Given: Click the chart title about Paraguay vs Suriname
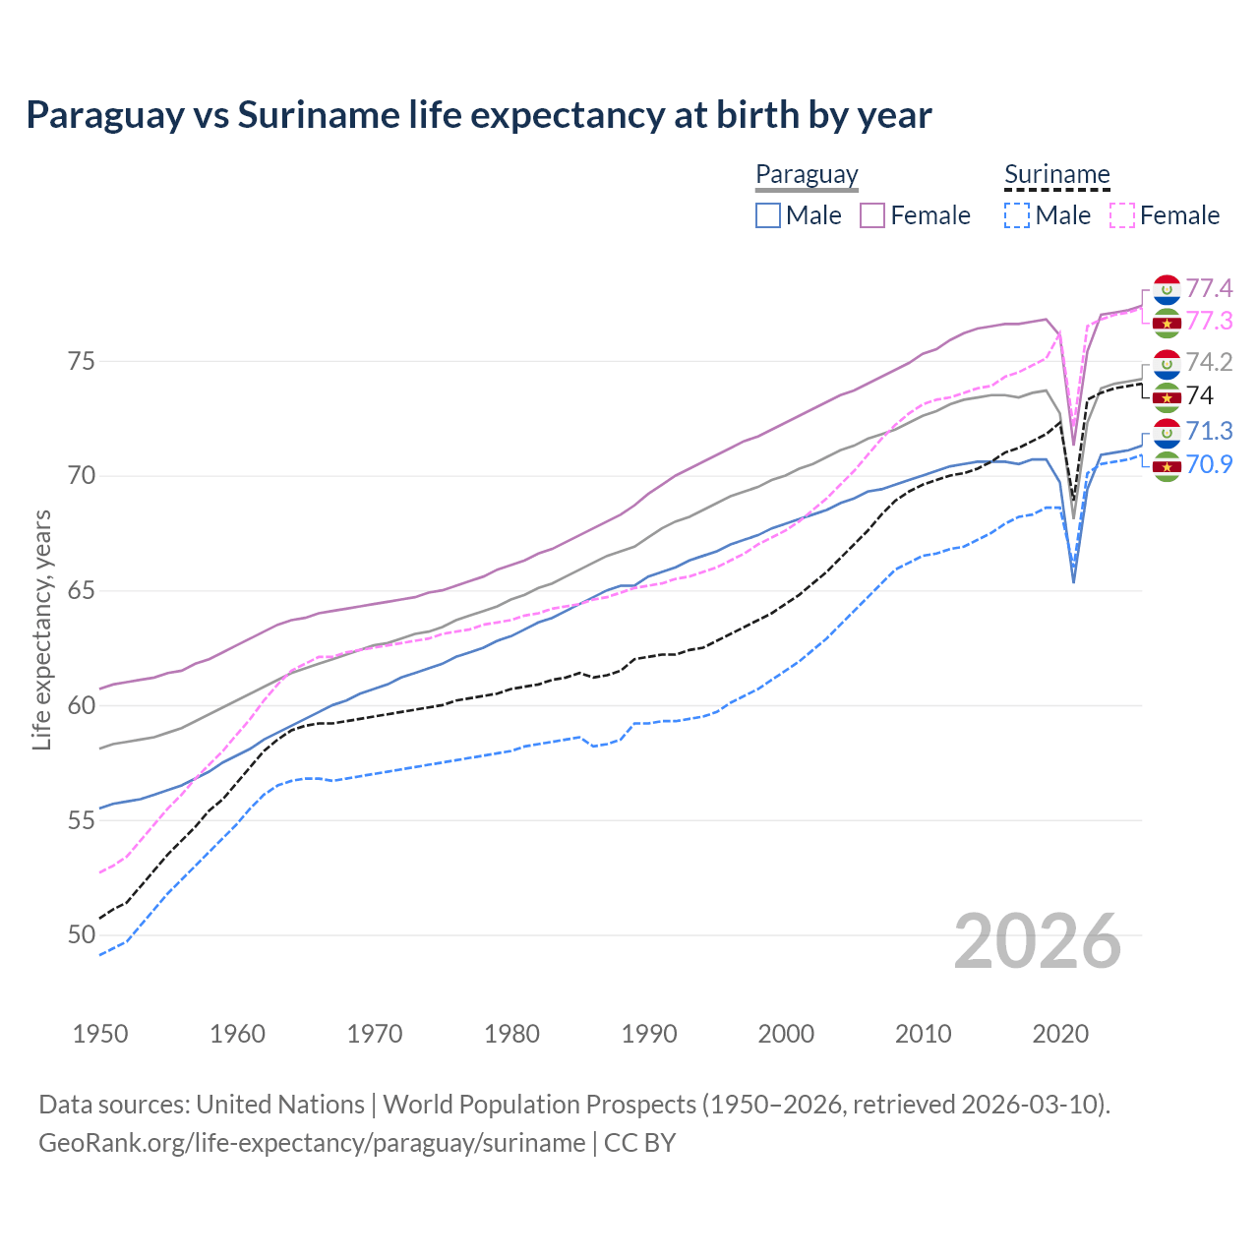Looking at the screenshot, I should [x=478, y=115].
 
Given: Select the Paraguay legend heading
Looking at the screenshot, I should [x=807, y=175].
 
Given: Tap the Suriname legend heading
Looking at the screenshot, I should [x=1056, y=175].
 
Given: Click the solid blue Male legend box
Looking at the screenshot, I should [x=768, y=215].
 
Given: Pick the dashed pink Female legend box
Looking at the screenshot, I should [x=1122, y=215].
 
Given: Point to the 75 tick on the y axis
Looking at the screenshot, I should [x=82, y=361].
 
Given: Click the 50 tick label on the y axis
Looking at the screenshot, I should [x=82, y=934].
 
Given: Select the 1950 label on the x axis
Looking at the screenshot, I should [x=100, y=1034].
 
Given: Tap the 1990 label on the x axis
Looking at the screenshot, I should [x=649, y=1034].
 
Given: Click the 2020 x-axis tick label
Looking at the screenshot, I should [x=1060, y=1034].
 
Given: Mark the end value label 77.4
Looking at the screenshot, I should [x=1209, y=288].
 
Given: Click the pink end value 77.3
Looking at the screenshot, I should [x=1209, y=321].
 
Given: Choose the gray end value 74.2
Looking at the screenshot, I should [x=1209, y=362].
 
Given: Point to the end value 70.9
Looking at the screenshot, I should [x=1209, y=464].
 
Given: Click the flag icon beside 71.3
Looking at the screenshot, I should [x=1167, y=432].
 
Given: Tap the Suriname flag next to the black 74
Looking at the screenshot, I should [x=1167, y=397].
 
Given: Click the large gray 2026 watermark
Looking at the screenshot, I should [x=1037, y=941].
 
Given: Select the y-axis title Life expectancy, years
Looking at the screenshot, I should [x=42, y=629].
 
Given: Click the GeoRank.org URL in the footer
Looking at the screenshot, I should [x=312, y=1143].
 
